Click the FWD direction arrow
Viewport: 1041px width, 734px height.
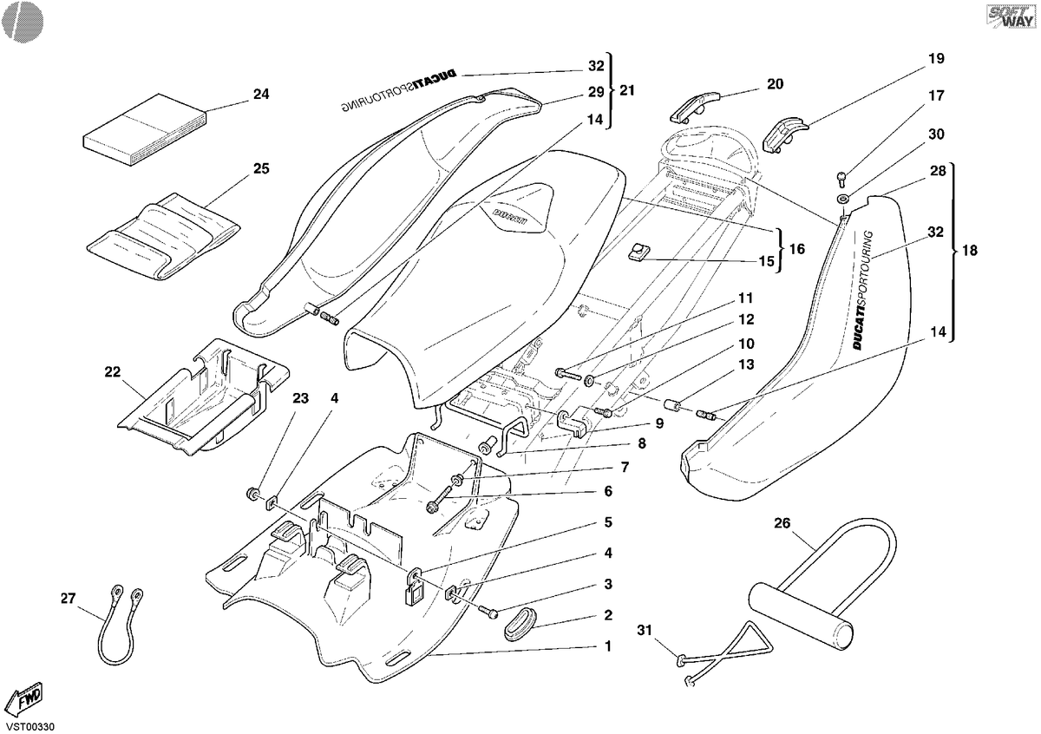(x=27, y=698)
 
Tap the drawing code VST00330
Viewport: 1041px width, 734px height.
(x=30, y=727)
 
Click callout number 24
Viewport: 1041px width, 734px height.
(x=261, y=95)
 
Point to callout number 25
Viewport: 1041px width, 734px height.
(x=261, y=168)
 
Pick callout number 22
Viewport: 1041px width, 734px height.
(x=113, y=372)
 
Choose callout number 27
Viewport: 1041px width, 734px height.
(x=68, y=599)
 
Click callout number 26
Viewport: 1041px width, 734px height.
(x=782, y=523)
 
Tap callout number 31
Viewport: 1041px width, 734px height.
(x=645, y=631)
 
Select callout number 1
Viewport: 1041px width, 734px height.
(x=608, y=646)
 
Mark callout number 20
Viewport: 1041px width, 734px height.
(x=776, y=84)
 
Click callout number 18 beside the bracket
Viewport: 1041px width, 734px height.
(x=970, y=251)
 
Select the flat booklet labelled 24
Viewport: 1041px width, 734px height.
(x=145, y=129)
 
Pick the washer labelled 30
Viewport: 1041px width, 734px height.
(x=842, y=199)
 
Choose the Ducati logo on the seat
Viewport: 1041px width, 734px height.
(x=509, y=217)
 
